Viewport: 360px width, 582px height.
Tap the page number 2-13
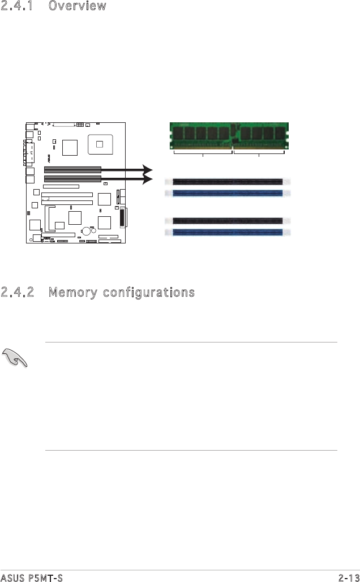point(348,577)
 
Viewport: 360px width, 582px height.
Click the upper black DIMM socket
point(228,182)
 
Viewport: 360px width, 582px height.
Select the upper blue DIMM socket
point(228,193)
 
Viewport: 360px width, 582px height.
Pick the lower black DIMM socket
point(228,221)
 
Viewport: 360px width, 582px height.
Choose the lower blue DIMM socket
point(228,232)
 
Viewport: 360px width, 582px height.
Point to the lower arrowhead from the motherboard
point(148,179)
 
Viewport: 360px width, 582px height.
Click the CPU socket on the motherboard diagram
point(100,144)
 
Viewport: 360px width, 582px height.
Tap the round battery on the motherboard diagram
point(86,231)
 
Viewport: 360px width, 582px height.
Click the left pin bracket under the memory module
point(203,152)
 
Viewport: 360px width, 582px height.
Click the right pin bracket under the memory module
point(259,152)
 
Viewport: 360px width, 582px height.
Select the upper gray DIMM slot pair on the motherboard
point(73,169)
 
